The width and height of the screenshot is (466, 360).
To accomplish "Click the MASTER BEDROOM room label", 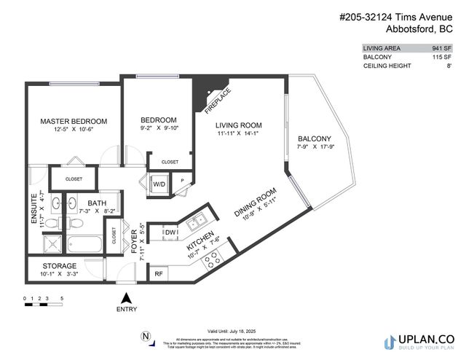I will pos(74,121).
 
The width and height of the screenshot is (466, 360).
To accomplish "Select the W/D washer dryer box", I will pos(159,184).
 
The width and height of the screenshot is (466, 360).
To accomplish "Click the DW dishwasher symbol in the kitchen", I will pos(171,232).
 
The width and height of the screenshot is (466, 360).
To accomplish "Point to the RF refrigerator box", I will pos(158,274).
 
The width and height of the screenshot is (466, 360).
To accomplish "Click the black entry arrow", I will pos(126,297).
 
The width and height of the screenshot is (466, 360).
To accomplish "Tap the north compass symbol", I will pos(146,337).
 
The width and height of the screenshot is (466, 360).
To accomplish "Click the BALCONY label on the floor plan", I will pos(315,139).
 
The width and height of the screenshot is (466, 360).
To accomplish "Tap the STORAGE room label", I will pos(59,266).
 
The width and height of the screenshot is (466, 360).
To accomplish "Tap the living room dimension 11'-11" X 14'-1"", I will pos(238,133).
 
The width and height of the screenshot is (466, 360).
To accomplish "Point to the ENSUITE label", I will pos(33,206).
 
